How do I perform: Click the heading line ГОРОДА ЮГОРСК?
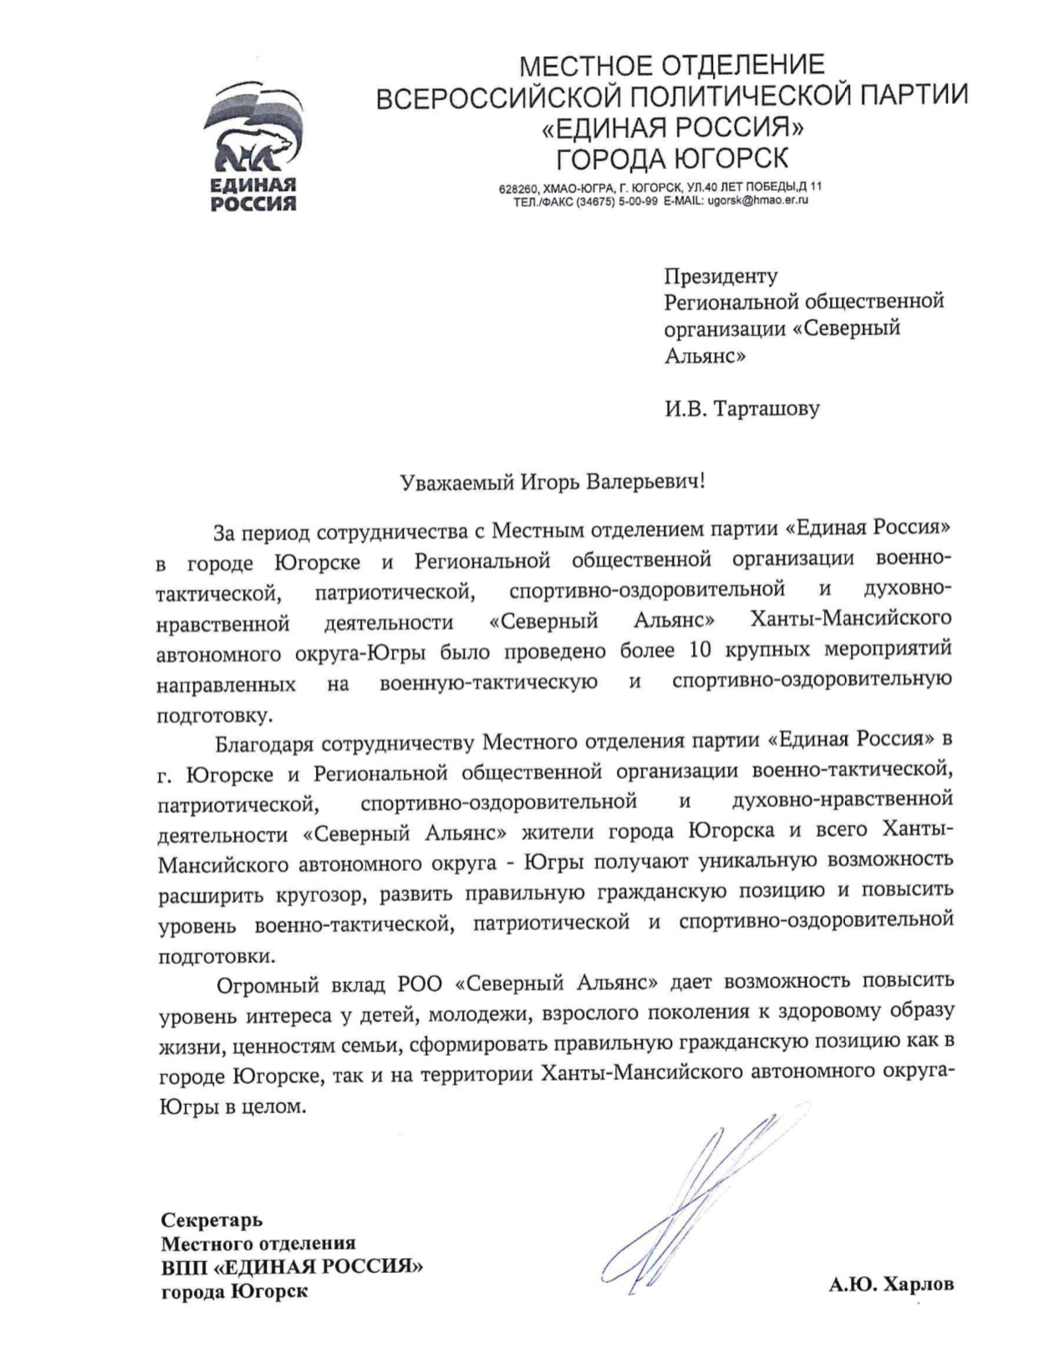pyautogui.click(x=672, y=157)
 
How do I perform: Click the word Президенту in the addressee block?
pyautogui.click(x=721, y=275)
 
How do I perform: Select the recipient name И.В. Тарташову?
pyautogui.click(x=742, y=409)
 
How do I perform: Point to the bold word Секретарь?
pyautogui.click(x=211, y=1221)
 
